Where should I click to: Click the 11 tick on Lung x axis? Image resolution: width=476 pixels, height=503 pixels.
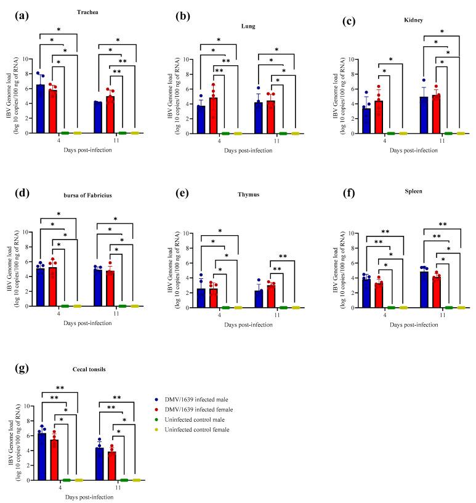[270, 141]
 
